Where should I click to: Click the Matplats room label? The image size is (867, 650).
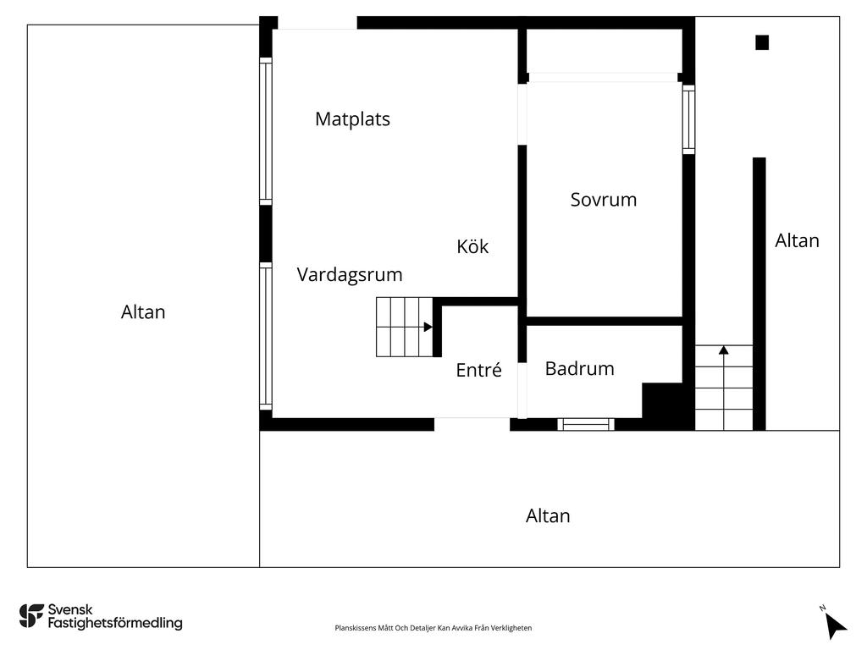(x=352, y=119)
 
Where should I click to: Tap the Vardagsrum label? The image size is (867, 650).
(x=350, y=275)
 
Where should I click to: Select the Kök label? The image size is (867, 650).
(x=472, y=247)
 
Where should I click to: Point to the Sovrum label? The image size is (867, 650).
(x=603, y=201)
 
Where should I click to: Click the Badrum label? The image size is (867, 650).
(x=579, y=369)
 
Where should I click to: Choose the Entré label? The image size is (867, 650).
(x=478, y=371)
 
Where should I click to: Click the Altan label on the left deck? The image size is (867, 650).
(x=143, y=312)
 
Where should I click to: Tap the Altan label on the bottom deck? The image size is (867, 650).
(x=548, y=516)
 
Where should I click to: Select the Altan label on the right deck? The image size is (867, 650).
(x=797, y=241)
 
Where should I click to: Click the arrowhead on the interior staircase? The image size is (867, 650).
(x=428, y=327)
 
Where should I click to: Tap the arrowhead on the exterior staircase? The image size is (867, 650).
(x=724, y=349)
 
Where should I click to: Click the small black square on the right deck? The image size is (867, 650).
(x=762, y=42)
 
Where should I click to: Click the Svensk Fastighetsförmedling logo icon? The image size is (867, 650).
(x=31, y=616)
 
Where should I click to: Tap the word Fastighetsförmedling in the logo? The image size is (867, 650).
(x=115, y=624)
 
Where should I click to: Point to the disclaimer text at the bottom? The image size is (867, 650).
(x=433, y=628)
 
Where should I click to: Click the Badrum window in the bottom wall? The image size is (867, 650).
(x=586, y=424)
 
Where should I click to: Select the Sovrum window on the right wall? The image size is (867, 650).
(x=688, y=119)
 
